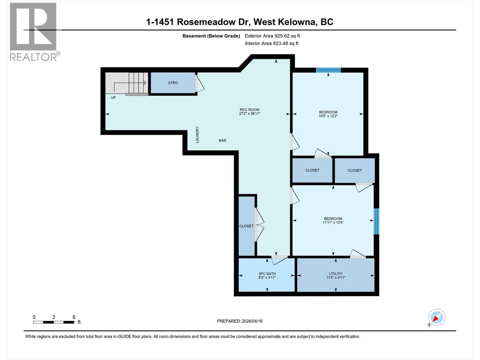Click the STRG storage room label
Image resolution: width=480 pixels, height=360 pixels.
tap(173, 83)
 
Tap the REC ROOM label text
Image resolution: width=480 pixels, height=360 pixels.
tap(249, 110)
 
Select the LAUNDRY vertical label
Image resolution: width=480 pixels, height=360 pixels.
tap(197, 134)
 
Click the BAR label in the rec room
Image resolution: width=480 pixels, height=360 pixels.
tap(222, 140)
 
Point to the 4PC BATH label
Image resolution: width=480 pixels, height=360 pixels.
tap(267, 274)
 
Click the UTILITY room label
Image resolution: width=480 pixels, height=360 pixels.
tap(335, 274)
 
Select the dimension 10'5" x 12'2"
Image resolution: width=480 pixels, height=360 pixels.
tap(328, 116)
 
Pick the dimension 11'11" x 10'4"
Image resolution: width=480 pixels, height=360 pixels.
tap(333, 223)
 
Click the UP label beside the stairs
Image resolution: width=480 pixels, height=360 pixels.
tap(113, 97)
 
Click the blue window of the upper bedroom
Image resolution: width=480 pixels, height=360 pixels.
tap(328, 70)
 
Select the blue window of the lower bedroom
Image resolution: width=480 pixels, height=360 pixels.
tap(376, 221)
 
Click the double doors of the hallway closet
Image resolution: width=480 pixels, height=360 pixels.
tap(259, 225)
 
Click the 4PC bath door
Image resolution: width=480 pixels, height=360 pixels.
tap(279, 259)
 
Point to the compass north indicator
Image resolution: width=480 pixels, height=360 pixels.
tap(436, 317)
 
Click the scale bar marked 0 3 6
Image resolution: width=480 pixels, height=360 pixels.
tap(54, 322)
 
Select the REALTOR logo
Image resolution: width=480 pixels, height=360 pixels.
tap(33, 31)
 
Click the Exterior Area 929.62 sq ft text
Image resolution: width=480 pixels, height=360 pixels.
tap(272, 36)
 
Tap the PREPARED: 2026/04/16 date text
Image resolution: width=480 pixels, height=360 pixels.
tap(240, 321)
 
